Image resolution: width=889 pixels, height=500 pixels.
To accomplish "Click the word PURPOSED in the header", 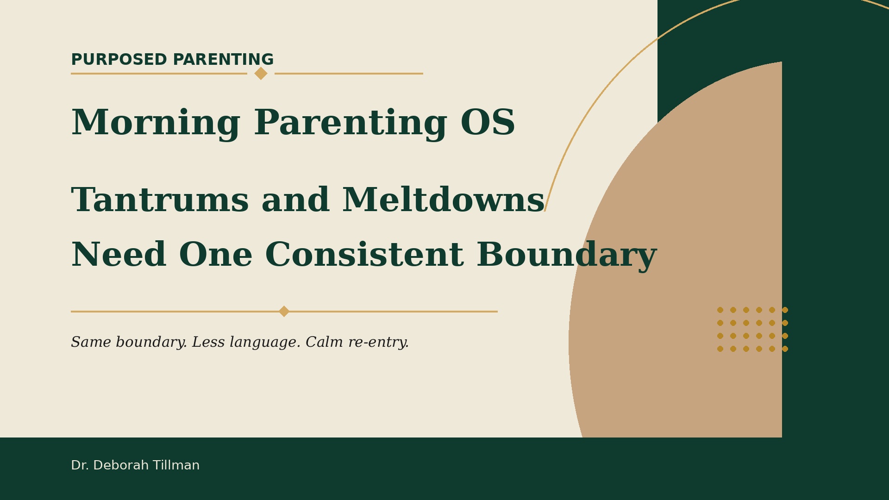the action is point(119,60).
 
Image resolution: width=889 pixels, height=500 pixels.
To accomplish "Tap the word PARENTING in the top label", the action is point(223,60).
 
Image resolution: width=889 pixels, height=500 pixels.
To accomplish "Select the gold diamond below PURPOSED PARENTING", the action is point(261,73).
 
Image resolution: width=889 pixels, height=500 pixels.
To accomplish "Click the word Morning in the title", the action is point(156,124).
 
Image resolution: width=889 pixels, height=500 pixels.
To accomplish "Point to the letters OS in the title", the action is point(488,124).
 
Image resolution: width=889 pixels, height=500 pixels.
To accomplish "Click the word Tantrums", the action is point(160,201).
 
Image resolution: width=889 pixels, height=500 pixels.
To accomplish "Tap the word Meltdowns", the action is point(444,200).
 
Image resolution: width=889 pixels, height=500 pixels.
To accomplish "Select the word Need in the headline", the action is point(119,256).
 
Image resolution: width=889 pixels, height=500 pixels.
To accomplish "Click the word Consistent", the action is point(364,256).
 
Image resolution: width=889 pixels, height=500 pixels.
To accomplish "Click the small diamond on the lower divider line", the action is point(284,312).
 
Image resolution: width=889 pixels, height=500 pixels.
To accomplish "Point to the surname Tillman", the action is point(176,465).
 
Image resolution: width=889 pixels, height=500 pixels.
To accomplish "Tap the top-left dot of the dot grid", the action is point(720,310).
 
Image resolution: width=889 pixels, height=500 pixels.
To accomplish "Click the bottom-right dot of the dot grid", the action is point(785,349).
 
